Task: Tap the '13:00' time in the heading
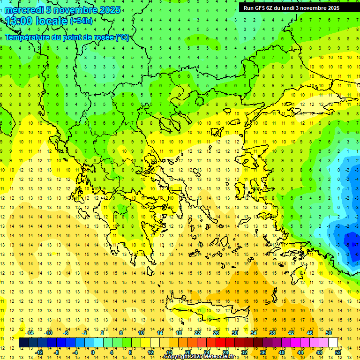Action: [x=19, y=21]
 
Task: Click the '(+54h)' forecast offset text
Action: [x=81, y=21]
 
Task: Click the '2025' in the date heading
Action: [x=109, y=9]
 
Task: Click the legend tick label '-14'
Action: [x=30, y=332]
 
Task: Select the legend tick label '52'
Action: [x=338, y=352]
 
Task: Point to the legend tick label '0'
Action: [x=92, y=352]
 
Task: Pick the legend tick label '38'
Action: [x=272, y=332]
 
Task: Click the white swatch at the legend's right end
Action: [x=333, y=343]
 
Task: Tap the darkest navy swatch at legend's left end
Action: [x=24, y=343]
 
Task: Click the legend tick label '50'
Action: [x=328, y=332]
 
